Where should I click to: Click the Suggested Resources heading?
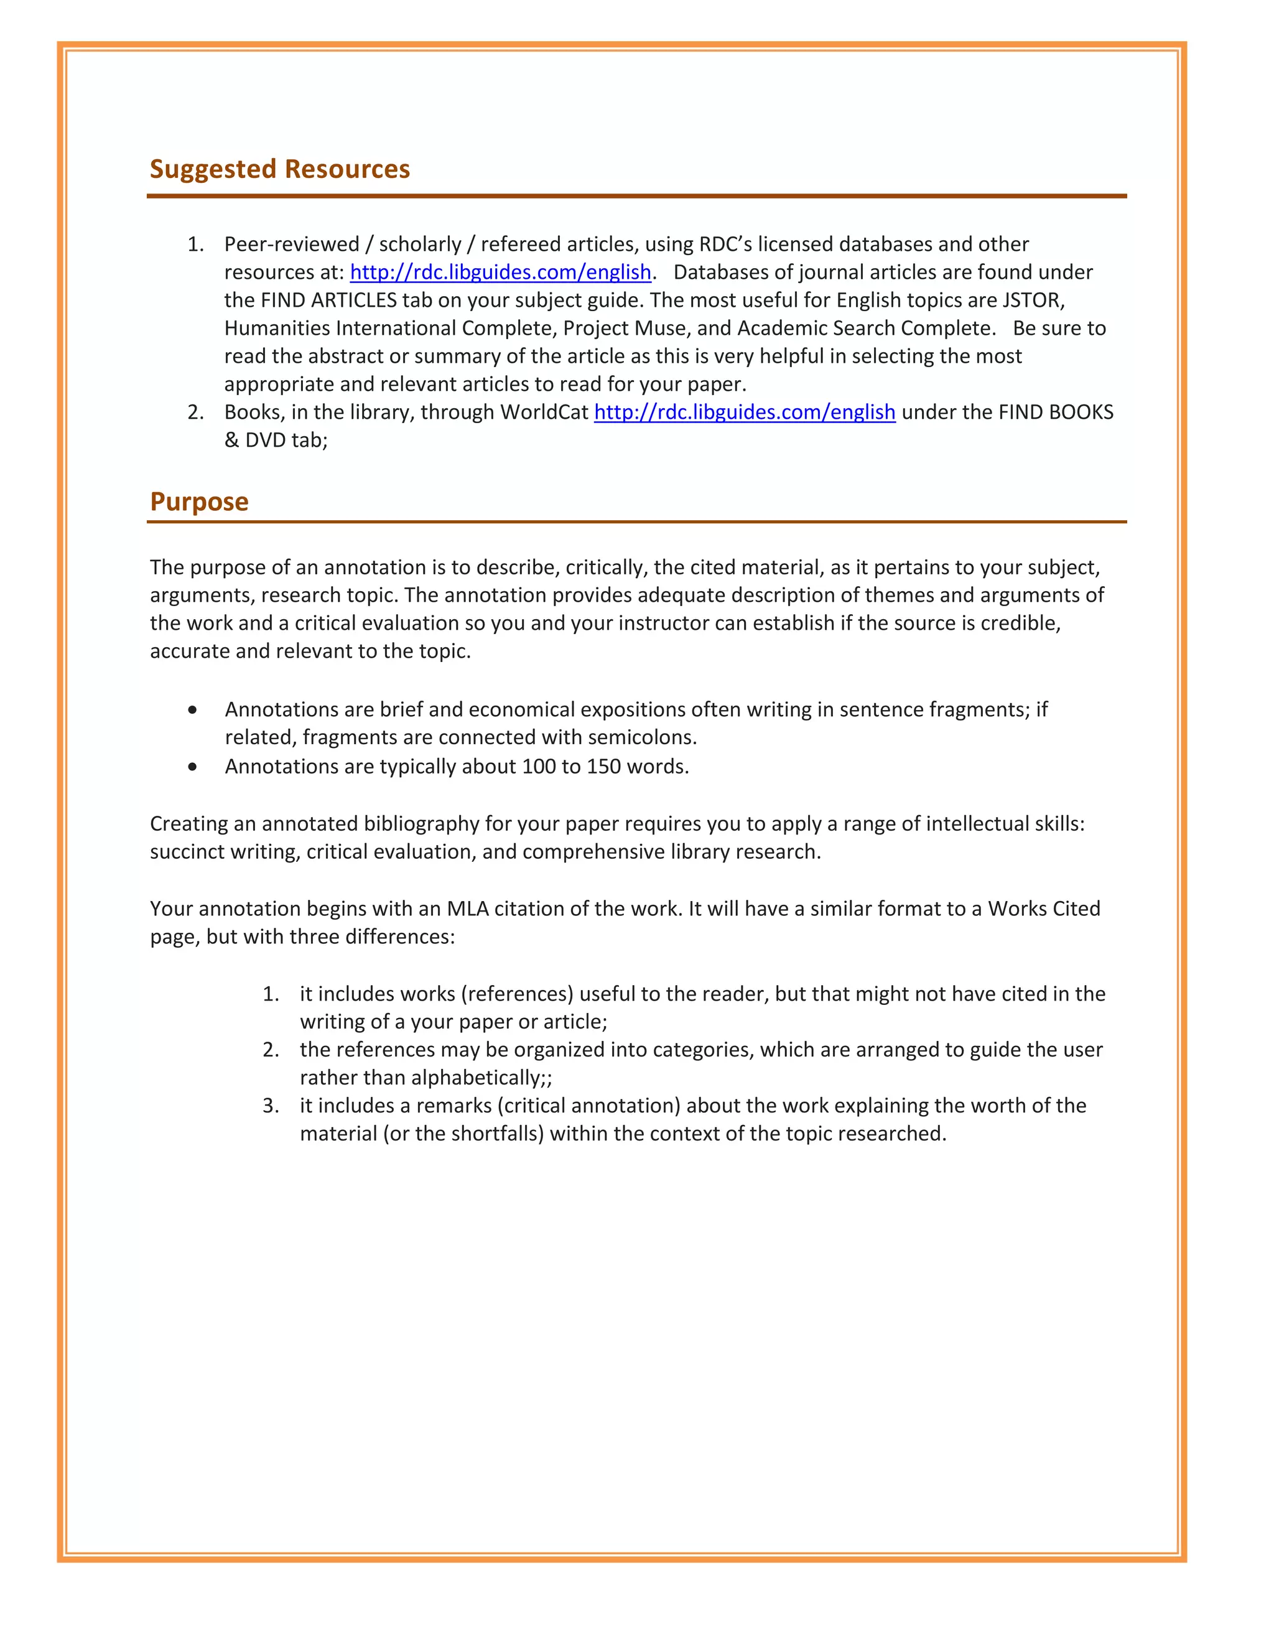coord(279,169)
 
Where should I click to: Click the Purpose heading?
coord(199,502)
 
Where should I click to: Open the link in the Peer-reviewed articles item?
coord(500,273)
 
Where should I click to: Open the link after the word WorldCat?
coord(744,412)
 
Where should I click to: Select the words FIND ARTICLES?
coord(328,301)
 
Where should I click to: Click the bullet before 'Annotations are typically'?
coord(193,767)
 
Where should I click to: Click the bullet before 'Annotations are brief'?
coord(193,711)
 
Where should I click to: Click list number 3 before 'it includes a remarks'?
coord(271,1106)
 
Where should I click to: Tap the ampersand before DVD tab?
coord(231,440)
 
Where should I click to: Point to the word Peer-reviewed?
coord(291,245)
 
